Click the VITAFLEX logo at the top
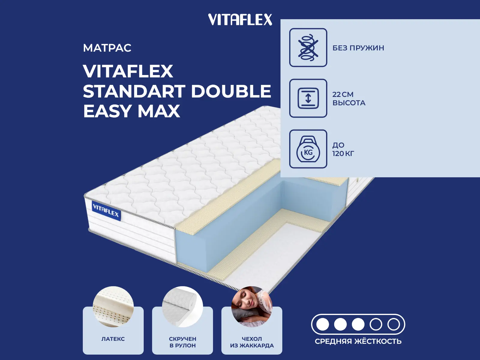pyautogui.click(x=240, y=19)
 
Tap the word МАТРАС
pyautogui.click(x=107, y=48)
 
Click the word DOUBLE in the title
pyautogui.click(x=231, y=91)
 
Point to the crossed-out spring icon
pyautogui.click(x=308, y=47)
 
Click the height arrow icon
pyautogui.click(x=308, y=98)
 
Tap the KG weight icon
pyautogui.click(x=308, y=149)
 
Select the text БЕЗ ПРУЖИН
pyautogui.click(x=358, y=48)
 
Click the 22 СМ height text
pyautogui.click(x=343, y=94)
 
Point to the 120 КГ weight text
pyautogui.click(x=343, y=154)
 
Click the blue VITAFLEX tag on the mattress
pyautogui.click(x=106, y=210)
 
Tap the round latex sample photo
pyautogui.click(x=113, y=306)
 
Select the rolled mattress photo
pyautogui.click(x=182, y=306)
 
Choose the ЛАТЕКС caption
pyautogui.click(x=113, y=339)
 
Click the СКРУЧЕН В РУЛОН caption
pyautogui.click(x=183, y=342)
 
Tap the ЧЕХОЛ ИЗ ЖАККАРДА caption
pyautogui.click(x=252, y=342)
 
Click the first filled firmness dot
pyautogui.click(x=322, y=324)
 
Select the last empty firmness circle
pyautogui.click(x=394, y=324)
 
